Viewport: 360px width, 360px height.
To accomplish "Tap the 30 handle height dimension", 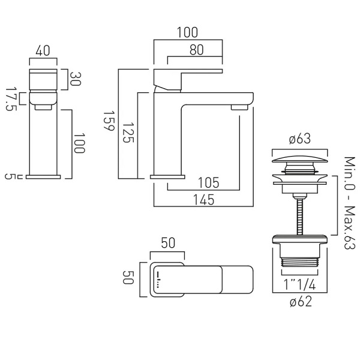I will (x=76, y=79).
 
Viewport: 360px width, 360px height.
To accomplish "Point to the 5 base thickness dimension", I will (x=10, y=176).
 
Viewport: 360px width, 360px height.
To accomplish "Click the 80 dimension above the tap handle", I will (x=196, y=51).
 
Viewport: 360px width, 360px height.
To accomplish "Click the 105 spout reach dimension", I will (x=208, y=182).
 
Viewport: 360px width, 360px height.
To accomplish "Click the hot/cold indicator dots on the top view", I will (x=158, y=280).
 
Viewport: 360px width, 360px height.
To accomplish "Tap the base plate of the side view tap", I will (x=169, y=176).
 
